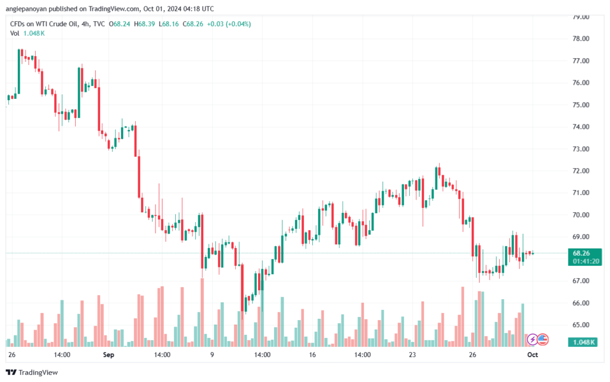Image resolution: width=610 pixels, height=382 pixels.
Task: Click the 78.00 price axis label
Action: [581, 39]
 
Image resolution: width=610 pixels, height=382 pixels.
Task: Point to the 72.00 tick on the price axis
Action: [581, 171]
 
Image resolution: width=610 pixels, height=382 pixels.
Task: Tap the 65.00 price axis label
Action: [581, 325]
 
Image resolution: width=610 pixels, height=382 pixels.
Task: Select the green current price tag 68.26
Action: [581, 253]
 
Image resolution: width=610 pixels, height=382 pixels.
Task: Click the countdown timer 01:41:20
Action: [586, 262]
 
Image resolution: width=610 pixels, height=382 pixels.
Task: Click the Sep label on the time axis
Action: [108, 355]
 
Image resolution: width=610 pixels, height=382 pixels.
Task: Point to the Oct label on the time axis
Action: [533, 355]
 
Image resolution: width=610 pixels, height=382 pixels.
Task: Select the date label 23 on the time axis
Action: [412, 355]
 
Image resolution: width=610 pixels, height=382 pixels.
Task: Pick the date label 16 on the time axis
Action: [312, 355]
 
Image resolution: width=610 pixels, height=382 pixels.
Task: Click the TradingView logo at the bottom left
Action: [32, 372]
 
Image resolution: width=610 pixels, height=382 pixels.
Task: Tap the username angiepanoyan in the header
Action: [26, 9]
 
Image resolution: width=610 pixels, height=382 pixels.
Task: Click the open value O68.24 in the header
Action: [119, 24]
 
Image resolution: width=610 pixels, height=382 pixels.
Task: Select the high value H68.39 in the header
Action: [144, 24]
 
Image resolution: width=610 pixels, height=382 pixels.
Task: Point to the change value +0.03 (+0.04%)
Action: [229, 24]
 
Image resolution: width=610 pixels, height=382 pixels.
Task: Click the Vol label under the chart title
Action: [14, 33]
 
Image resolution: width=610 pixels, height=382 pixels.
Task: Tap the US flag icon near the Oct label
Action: [543, 340]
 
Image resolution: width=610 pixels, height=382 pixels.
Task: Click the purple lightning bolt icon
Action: [532, 340]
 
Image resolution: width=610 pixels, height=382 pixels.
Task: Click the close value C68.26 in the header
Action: [193, 24]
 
